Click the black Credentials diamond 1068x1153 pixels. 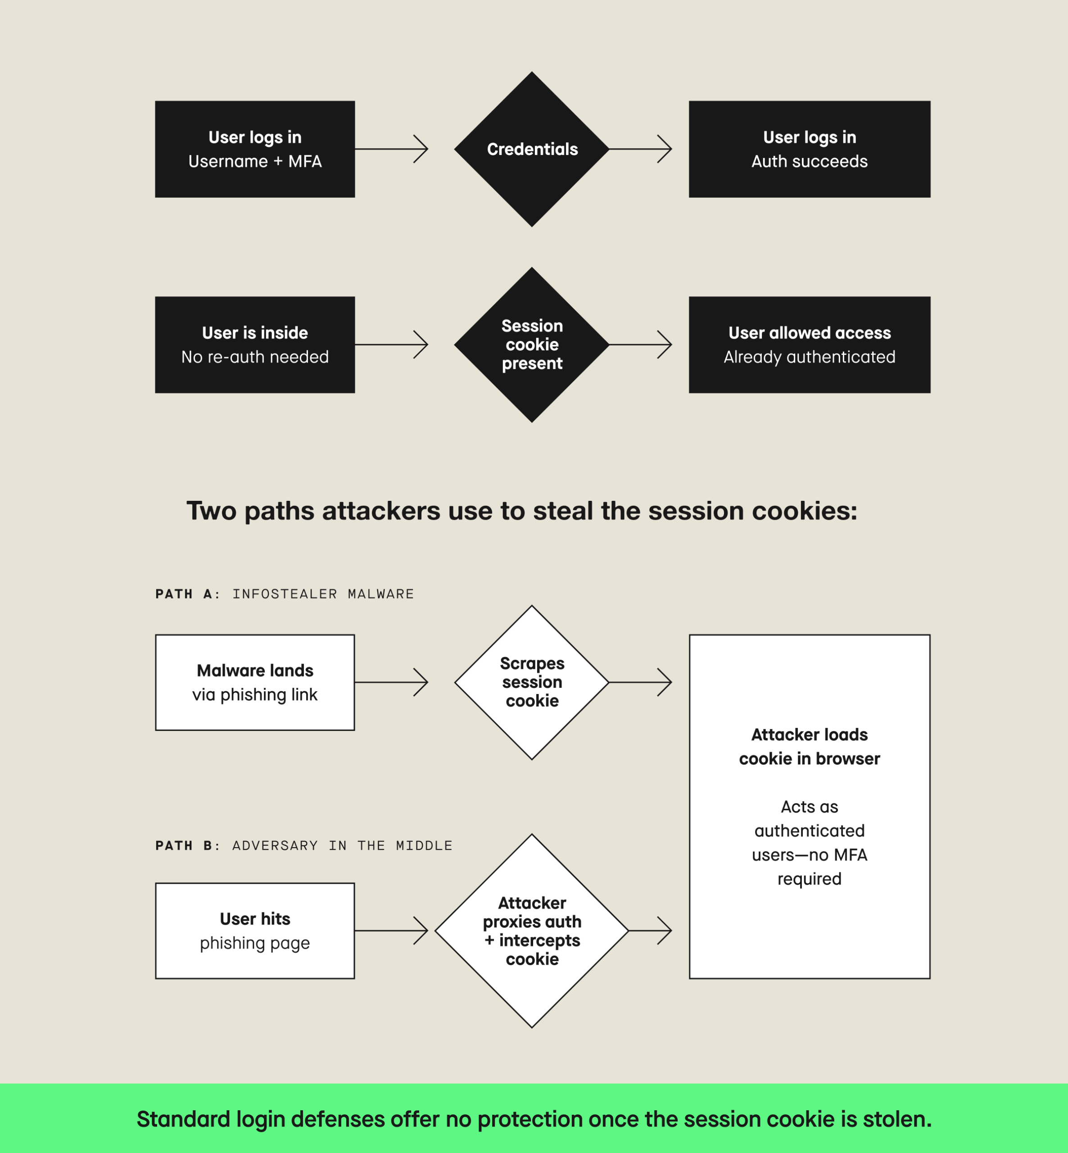point(532,149)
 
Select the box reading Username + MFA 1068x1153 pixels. point(255,149)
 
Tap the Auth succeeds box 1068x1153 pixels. point(809,149)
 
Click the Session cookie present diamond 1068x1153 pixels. point(532,345)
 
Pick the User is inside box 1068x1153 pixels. point(255,345)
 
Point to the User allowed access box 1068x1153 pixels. point(809,345)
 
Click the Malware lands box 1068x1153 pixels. point(255,682)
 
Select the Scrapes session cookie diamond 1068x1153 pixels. point(532,682)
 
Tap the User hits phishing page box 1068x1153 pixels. point(255,931)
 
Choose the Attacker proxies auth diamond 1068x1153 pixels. point(532,931)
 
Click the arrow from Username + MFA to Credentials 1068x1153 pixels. point(392,149)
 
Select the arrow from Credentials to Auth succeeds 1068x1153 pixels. point(640,149)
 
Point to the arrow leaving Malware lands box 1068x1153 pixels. point(392,682)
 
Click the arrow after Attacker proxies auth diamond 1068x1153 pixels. point(650,931)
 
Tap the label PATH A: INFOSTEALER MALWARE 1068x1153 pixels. point(285,594)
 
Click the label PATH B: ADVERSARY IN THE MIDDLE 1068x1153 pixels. point(303,845)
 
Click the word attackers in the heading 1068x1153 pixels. point(381,511)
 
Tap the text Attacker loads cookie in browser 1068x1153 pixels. point(809,747)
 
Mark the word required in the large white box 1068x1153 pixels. point(809,879)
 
